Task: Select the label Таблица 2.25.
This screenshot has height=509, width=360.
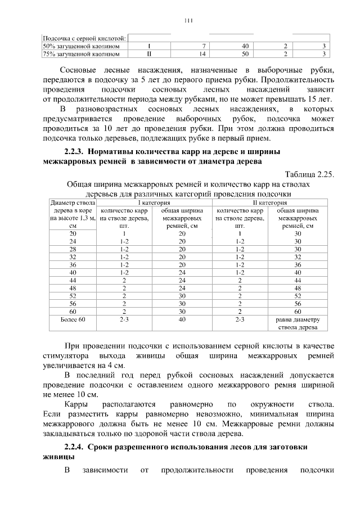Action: (x=310, y=174)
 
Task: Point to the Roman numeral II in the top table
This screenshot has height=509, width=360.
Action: (x=148, y=54)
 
